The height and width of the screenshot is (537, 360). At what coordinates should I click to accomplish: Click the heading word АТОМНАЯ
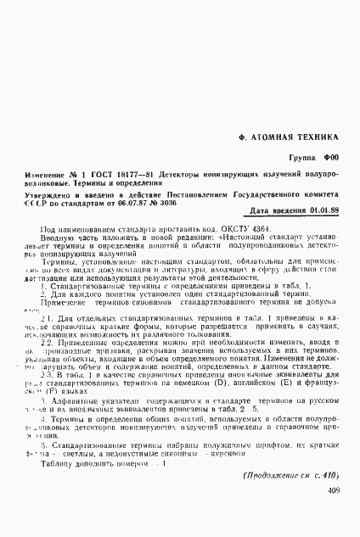point(278,136)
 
